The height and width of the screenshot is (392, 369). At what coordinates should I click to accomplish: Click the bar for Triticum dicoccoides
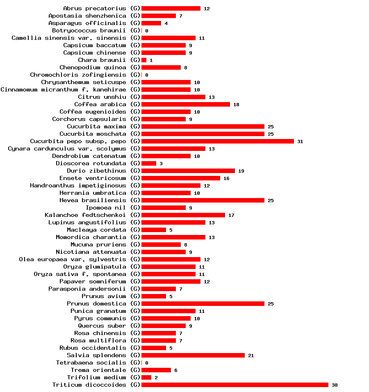[x=235, y=385]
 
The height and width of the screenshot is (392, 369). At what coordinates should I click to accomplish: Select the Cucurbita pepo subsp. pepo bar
[x=217, y=141]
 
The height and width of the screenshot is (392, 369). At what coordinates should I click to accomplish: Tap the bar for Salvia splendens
[x=193, y=355]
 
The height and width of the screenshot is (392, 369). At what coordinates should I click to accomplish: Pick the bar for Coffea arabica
[x=185, y=104]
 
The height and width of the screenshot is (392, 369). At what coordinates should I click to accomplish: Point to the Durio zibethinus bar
[x=188, y=171]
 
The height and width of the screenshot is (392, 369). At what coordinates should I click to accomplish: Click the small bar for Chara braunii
[x=144, y=60]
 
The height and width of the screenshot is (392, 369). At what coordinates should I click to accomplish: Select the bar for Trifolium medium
[x=146, y=377]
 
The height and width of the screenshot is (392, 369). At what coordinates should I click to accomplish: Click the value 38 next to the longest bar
[x=335, y=385]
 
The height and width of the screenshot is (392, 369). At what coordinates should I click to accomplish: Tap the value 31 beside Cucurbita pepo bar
[x=300, y=141]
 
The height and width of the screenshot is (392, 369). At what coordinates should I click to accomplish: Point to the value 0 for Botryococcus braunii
[x=146, y=31]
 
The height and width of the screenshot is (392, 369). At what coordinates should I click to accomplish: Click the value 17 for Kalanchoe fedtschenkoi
[x=231, y=215]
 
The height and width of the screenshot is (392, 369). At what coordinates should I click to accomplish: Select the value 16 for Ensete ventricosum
[x=226, y=178]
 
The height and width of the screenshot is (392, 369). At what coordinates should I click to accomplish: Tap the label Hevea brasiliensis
[x=93, y=200]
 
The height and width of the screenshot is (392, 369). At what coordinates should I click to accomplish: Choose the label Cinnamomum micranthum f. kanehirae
[x=63, y=89]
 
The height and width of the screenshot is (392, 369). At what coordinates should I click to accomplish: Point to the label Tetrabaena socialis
[x=91, y=362]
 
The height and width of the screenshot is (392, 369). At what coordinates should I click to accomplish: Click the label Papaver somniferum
[x=93, y=281]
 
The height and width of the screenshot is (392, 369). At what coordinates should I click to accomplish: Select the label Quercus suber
[x=102, y=326]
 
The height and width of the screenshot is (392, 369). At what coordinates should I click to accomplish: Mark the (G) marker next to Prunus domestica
[x=135, y=303]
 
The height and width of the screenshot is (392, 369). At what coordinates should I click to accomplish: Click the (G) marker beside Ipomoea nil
[x=135, y=207]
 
